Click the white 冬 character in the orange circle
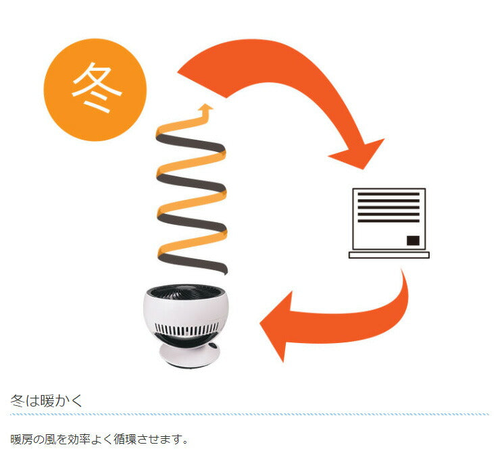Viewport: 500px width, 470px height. click(95, 90)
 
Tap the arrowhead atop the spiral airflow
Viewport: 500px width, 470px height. click(207, 109)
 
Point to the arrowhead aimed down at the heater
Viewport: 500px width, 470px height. click(359, 154)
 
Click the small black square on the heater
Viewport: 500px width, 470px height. click(412, 240)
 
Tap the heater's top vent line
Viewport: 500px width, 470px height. click(388, 194)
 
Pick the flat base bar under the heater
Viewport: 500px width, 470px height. click(389, 255)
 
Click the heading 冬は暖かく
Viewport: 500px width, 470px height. click(47, 401)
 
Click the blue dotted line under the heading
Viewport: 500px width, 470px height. click(249, 413)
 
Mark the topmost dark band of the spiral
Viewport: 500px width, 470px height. click(189, 144)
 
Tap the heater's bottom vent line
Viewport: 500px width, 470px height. click(388, 221)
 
